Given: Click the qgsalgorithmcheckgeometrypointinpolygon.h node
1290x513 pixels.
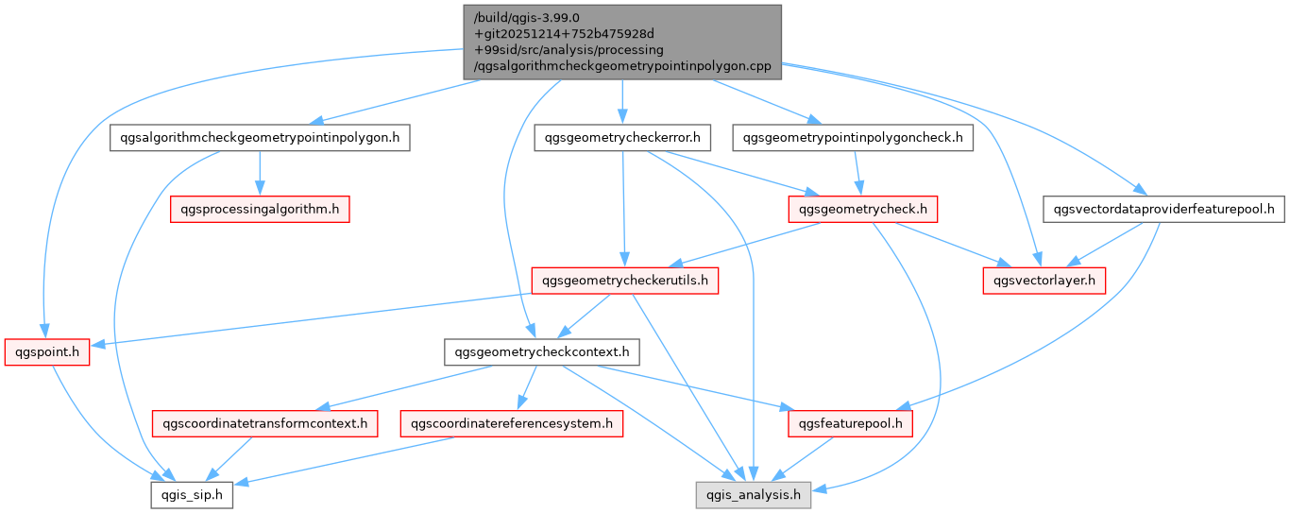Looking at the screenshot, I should click(259, 138).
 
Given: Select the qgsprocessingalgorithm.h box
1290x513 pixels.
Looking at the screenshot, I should click(260, 209).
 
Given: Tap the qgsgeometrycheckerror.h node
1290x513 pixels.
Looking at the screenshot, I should click(621, 138).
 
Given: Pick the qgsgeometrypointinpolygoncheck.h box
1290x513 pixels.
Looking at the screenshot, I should click(854, 138).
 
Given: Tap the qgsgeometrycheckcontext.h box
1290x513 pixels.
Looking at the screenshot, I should click(542, 351).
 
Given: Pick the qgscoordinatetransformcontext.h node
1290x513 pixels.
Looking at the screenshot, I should click(265, 423).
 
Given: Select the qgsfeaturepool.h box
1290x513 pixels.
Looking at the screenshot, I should click(849, 423).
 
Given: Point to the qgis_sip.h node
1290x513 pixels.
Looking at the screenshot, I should click(192, 494).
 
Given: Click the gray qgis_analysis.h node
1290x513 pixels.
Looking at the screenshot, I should click(753, 494).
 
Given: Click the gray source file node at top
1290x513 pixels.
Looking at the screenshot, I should click(622, 42).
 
